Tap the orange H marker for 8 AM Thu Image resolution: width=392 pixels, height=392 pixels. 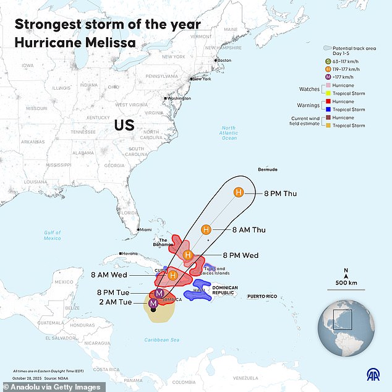tap(207, 229)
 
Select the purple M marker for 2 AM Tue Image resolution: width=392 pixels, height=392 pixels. tap(153, 302)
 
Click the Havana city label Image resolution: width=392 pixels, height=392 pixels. tap(129, 254)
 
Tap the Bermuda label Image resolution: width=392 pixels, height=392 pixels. tap(267, 169)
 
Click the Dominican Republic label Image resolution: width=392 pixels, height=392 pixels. tap(224, 291)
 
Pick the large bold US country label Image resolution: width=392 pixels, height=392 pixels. tap(124, 126)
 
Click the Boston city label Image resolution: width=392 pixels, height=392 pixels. tap(223, 60)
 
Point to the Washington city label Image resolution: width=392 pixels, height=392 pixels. tap(177, 98)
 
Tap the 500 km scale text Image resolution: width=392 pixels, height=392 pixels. tap(346, 283)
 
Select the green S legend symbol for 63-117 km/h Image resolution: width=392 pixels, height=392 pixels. tap(329, 61)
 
